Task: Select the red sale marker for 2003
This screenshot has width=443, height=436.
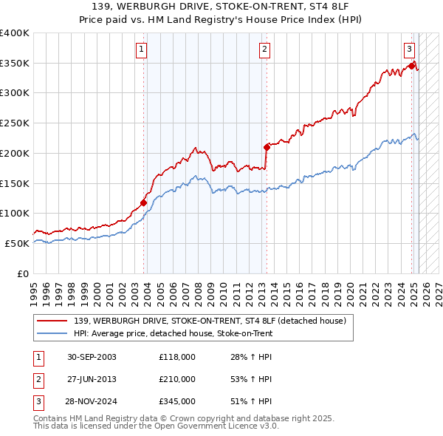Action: pyautogui.click(x=144, y=202)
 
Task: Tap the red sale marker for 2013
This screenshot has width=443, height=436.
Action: pyautogui.click(x=267, y=147)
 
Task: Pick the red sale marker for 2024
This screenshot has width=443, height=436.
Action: pyautogui.click(x=411, y=66)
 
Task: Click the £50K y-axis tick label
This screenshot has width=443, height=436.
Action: pyautogui.click(x=17, y=243)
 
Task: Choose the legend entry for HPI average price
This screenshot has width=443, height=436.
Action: pyautogui.click(x=173, y=333)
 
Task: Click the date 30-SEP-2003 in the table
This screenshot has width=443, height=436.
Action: pyautogui.click(x=92, y=357)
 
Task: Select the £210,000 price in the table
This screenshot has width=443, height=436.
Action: pyautogui.click(x=176, y=379)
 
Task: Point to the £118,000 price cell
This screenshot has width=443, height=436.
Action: pyautogui.click(x=176, y=357)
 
